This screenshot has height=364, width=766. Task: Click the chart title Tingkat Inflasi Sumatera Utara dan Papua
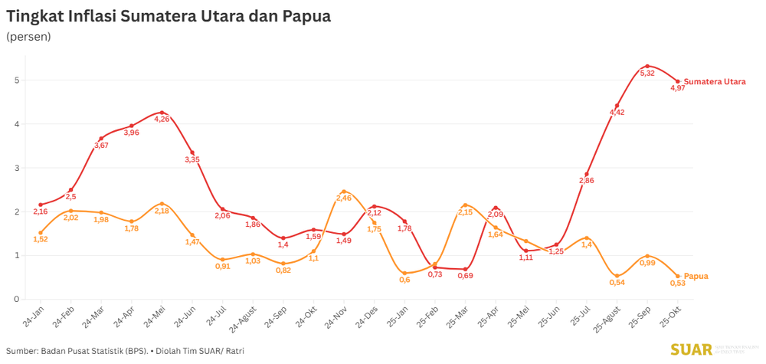pyautogui.click(x=169, y=16)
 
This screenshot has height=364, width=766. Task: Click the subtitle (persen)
pyautogui.click(x=28, y=37)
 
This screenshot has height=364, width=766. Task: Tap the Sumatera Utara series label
pyautogui.click(x=714, y=82)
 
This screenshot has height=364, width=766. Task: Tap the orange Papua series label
pyautogui.click(x=696, y=276)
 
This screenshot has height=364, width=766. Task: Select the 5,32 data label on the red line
pyautogui.click(x=647, y=74)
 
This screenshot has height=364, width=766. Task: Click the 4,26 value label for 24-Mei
pyautogui.click(x=162, y=120)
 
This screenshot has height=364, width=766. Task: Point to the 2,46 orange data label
pyautogui.click(x=343, y=198)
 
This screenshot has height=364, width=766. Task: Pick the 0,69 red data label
pyautogui.click(x=465, y=276)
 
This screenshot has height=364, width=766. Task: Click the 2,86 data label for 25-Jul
pyautogui.click(x=587, y=181)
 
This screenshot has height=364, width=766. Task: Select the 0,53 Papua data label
pyautogui.click(x=677, y=284)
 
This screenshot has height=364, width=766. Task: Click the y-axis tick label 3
pyautogui.click(x=16, y=168)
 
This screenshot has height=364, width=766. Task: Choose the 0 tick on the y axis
pyautogui.click(x=16, y=299)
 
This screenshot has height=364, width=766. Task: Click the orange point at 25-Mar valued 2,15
pyautogui.click(x=465, y=205)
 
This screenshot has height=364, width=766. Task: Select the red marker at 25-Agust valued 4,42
pyautogui.click(x=617, y=106)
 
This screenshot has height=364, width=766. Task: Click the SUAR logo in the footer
pyautogui.click(x=691, y=349)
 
